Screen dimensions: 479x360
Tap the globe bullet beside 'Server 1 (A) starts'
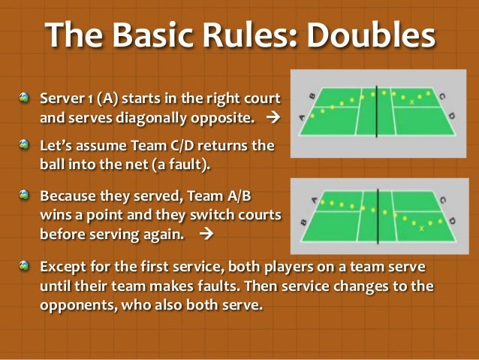(26, 98)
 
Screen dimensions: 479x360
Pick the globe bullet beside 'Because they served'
(26, 195)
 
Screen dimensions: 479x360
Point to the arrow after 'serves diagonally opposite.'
(273, 118)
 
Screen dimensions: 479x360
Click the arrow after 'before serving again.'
(208, 234)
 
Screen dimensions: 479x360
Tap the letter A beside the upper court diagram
(303, 116)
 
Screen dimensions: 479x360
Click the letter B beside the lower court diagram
(303, 222)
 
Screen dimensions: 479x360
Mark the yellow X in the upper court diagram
(411, 100)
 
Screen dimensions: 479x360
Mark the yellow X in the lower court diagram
(421, 228)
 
